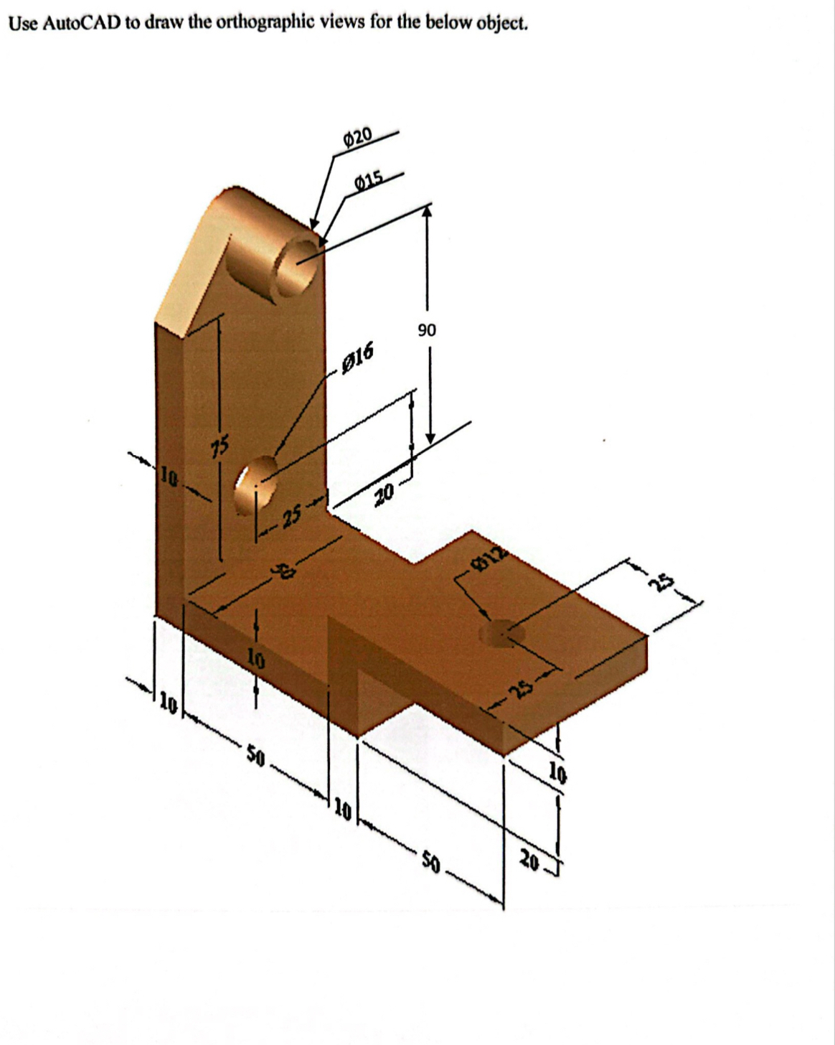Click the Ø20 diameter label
(x=359, y=135)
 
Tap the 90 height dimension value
(x=426, y=330)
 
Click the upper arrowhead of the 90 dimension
(x=428, y=211)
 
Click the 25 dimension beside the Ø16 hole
(x=291, y=517)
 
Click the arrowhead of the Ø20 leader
(x=313, y=224)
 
